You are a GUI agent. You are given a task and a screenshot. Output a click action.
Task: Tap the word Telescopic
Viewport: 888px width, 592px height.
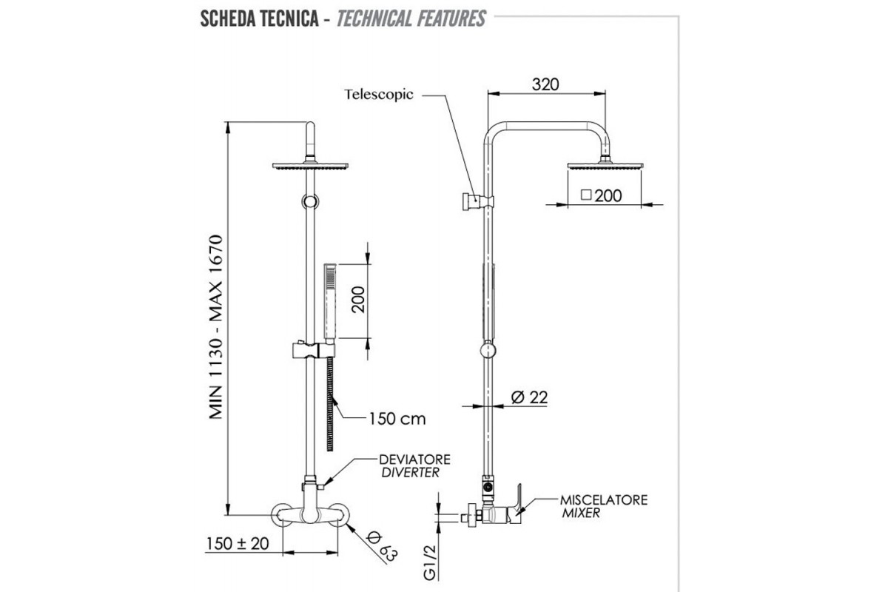(379, 95)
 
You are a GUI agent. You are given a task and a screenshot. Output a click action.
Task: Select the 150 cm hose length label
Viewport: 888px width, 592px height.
(397, 419)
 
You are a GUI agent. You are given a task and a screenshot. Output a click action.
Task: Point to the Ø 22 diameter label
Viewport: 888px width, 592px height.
(529, 397)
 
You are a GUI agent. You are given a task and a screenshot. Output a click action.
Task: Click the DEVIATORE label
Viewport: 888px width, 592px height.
(414, 460)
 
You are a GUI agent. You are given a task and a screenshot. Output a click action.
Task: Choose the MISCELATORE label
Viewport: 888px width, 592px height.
(603, 500)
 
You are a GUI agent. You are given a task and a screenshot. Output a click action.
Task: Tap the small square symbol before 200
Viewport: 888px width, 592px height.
(587, 195)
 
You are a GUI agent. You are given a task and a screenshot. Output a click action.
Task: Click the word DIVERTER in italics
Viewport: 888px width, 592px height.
(410, 472)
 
